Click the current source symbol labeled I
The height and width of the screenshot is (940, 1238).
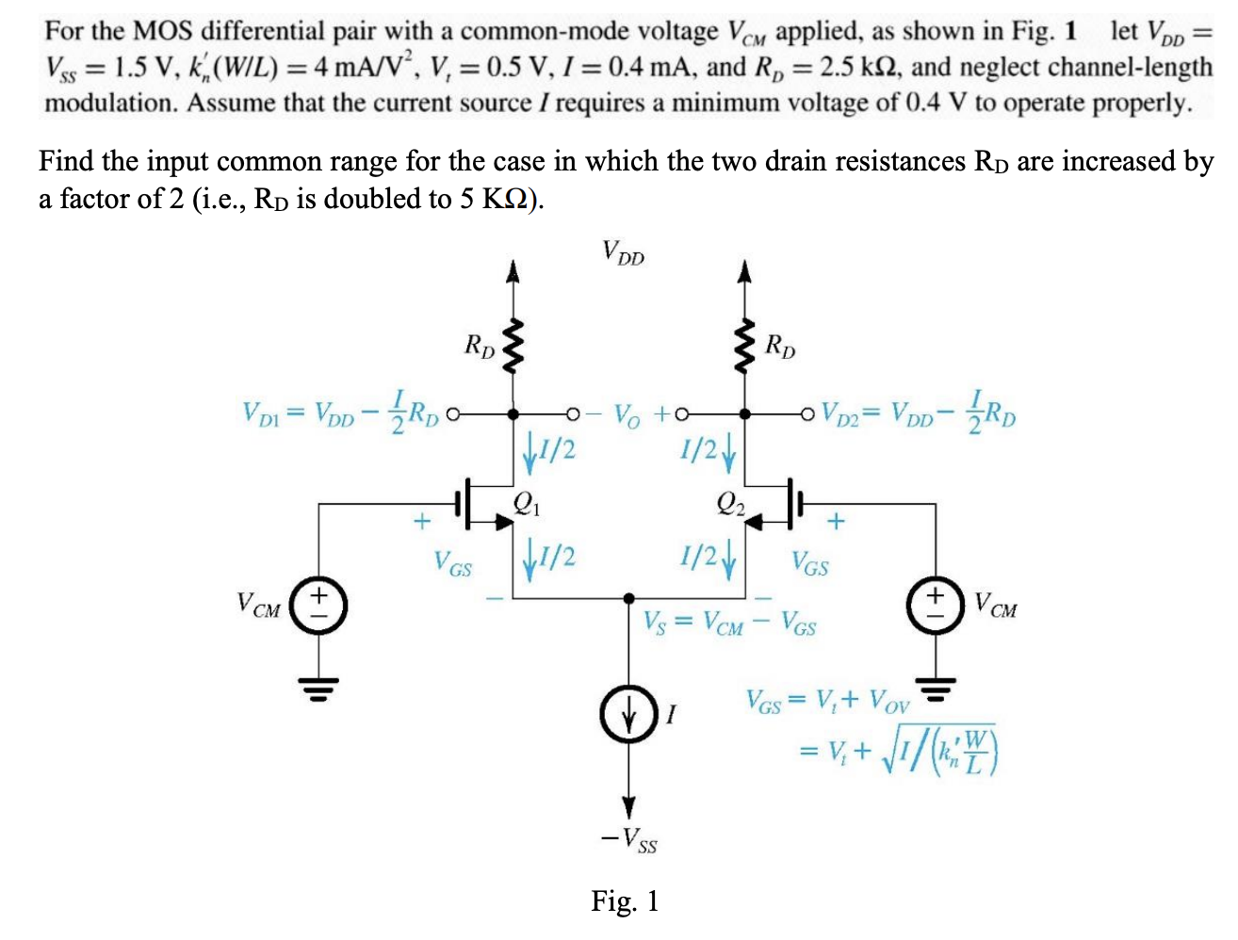(628, 713)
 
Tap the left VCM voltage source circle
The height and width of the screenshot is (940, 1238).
(318, 607)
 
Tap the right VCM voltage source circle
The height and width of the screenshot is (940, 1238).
(936, 607)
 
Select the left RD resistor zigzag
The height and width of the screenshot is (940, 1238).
(513, 346)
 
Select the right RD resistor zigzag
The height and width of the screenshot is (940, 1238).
(744, 346)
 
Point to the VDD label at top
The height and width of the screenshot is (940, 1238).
(623, 251)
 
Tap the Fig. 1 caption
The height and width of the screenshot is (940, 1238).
(625, 901)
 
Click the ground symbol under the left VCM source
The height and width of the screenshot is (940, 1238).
(318, 689)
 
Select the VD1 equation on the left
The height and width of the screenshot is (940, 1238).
(340, 412)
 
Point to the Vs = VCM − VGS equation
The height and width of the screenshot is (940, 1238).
(729, 624)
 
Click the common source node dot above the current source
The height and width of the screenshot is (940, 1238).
(628, 597)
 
